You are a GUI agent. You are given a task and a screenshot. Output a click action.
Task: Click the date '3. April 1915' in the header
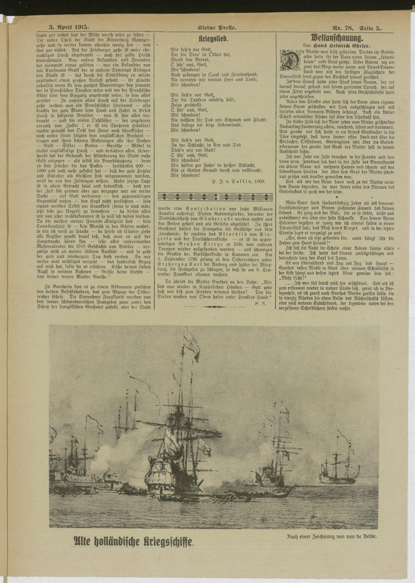[66, 28]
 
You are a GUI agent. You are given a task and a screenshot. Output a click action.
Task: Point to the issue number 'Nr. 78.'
[342, 28]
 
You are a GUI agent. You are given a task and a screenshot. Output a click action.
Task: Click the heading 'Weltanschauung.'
[337, 37]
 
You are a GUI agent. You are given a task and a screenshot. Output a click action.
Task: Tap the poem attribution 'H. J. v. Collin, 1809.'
[238, 181]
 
